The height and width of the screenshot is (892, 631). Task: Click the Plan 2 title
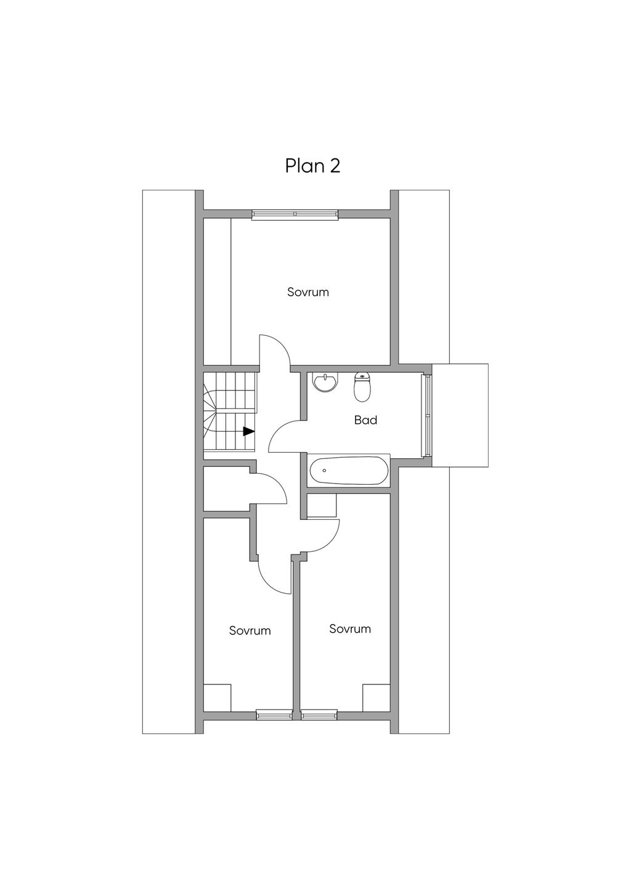pyautogui.click(x=312, y=166)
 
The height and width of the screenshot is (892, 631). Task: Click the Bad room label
pyautogui.click(x=365, y=420)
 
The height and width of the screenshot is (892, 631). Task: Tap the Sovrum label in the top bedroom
pyautogui.click(x=308, y=292)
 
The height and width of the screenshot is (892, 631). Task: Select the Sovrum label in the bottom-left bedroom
pyautogui.click(x=250, y=630)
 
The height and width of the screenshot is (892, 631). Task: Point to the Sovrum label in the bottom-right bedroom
pyautogui.click(x=350, y=629)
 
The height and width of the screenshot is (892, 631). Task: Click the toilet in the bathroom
pyautogui.click(x=362, y=387)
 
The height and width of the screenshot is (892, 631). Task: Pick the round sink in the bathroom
pyautogui.click(x=326, y=383)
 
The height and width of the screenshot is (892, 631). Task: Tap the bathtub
pyautogui.click(x=349, y=471)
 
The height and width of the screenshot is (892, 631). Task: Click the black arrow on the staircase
pyautogui.click(x=249, y=431)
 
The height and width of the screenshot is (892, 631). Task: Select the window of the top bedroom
pyautogui.click(x=295, y=214)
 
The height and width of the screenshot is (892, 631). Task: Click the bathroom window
pyautogui.click(x=427, y=415)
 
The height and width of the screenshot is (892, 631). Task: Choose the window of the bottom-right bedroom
pyautogui.click(x=319, y=726)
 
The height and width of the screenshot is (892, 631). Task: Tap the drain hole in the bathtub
pyautogui.click(x=325, y=471)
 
